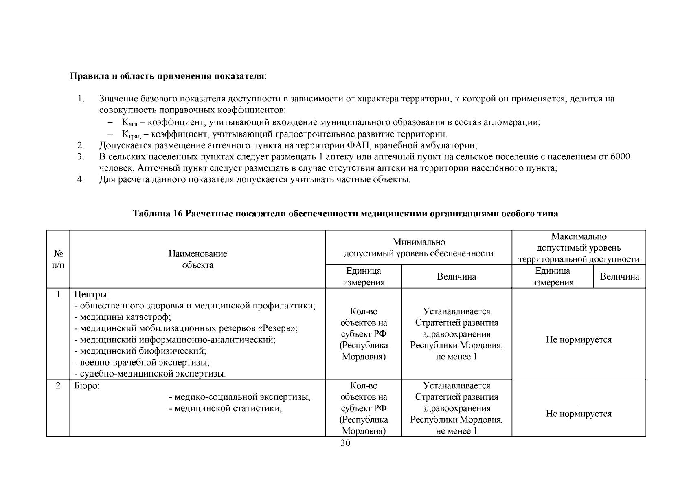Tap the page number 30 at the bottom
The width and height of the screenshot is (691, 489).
[345, 443]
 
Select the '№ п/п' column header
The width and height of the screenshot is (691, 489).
[58, 259]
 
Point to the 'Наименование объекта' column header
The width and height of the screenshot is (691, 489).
[198, 259]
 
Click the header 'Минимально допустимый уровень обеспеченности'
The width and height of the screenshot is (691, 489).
[419, 248]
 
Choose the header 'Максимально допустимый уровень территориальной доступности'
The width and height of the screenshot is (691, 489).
[579, 248]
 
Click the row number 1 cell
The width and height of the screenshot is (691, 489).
[58, 294]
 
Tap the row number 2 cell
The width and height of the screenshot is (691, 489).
[58, 385]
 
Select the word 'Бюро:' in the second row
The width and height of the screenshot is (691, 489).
[86, 385]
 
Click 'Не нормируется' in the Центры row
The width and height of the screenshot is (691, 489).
[579, 339]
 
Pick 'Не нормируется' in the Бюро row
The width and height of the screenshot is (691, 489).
[579, 414]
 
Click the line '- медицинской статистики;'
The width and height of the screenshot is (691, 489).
[225, 408]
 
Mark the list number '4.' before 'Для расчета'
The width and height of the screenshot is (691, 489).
[80, 179]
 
